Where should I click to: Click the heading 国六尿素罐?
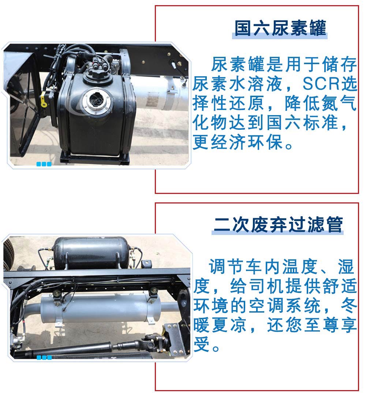pos(280,28)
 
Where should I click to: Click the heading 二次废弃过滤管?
pos(278,224)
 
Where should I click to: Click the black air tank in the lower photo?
pos(91,253)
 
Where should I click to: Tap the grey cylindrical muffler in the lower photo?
pos(100,308)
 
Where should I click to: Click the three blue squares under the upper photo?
pos(44,164)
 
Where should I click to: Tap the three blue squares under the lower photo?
pos(44,357)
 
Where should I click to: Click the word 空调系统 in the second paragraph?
pos(285,305)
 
